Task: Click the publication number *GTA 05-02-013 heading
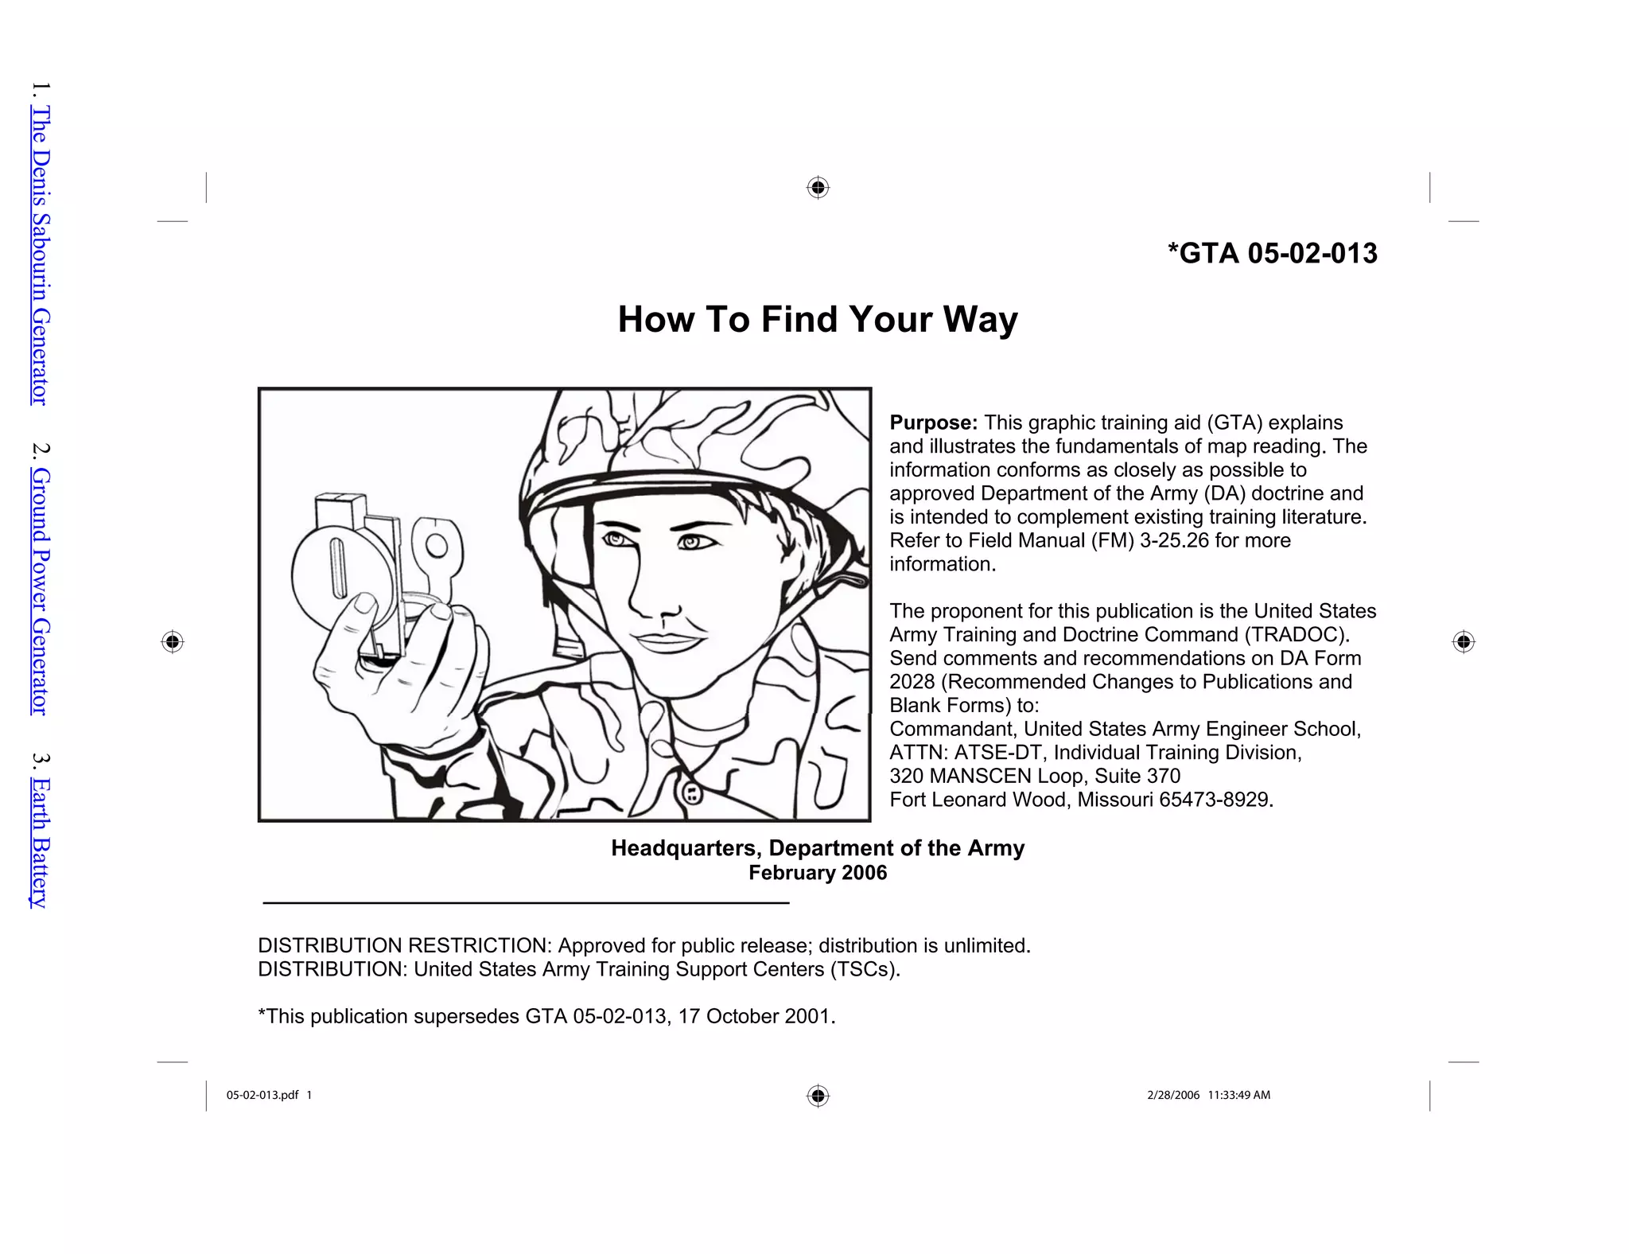1272,253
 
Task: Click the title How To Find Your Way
817,319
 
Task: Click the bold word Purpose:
933,423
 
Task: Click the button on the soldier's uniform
693,793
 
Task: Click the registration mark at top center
818,188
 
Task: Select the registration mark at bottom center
818,1096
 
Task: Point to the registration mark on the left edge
173,641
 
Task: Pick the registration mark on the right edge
1464,641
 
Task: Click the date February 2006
817,873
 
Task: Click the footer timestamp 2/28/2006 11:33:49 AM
1208,1095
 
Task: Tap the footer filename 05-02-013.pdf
262,1095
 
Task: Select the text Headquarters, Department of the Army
817,848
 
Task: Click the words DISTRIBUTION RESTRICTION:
404,945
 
